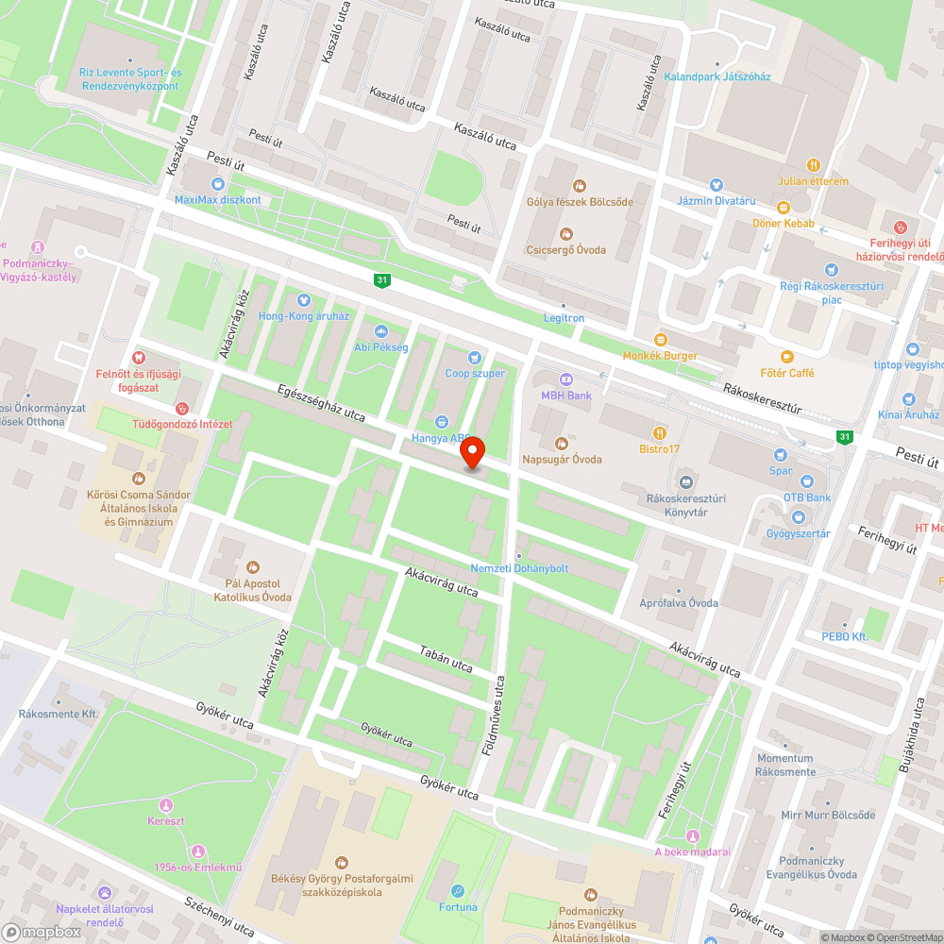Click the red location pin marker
tap(472, 453)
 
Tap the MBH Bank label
tap(566, 395)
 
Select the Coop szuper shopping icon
tap(475, 357)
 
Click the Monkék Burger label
tap(660, 355)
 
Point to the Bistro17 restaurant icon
tap(659, 432)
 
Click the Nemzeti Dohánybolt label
tap(519, 567)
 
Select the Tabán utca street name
tap(446, 653)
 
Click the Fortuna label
tap(458, 907)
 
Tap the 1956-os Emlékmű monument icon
tap(198, 851)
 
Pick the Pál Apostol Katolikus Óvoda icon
tap(252, 566)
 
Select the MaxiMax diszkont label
tap(218, 200)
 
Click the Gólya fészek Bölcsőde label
tap(580, 201)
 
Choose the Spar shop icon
tap(781, 455)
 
